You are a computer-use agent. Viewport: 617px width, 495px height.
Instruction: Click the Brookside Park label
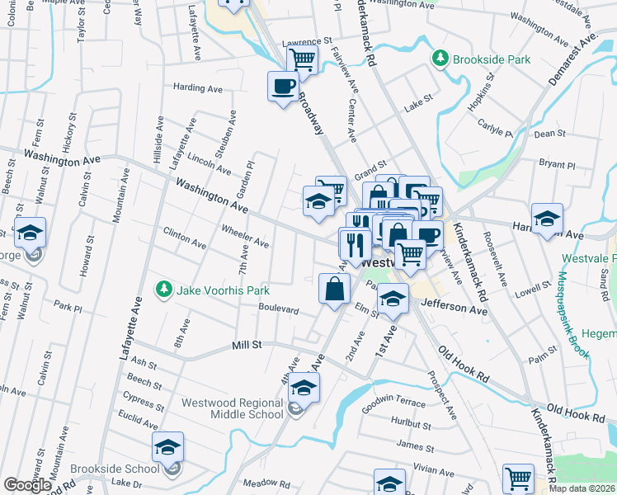click(492, 59)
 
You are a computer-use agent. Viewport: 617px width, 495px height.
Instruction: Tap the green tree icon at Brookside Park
click(441, 58)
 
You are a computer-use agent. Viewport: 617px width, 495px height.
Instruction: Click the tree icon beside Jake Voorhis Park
click(164, 289)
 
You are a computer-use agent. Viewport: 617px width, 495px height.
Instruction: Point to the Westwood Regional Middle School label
click(233, 408)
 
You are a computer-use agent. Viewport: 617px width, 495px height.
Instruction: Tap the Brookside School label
click(114, 469)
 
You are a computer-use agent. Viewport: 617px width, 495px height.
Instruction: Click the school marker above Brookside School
click(168, 447)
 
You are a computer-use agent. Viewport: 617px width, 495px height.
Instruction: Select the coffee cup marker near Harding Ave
click(283, 86)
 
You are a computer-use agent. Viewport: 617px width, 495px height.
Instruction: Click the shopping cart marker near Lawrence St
click(303, 59)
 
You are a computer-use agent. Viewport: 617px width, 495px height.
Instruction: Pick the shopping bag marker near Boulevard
click(334, 289)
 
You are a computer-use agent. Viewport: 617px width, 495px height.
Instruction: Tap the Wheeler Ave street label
click(245, 237)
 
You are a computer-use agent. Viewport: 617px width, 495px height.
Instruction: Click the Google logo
click(27, 485)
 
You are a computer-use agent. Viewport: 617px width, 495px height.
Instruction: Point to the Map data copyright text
click(582, 488)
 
